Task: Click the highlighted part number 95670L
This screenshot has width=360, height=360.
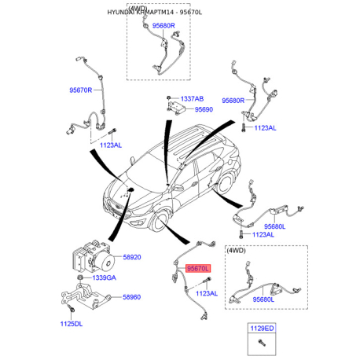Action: point(198,269)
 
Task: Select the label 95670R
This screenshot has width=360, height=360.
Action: point(81,90)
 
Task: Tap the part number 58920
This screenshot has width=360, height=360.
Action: point(132,257)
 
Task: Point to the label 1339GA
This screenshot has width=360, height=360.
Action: point(104,277)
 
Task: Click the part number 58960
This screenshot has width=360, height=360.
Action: point(131,297)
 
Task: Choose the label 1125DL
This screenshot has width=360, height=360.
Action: point(72,324)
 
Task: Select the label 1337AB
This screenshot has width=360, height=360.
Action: point(192,99)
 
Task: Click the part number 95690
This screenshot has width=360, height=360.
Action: point(204,109)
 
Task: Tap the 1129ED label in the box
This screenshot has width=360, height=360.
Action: point(262,329)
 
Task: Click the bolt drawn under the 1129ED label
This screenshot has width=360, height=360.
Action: point(262,343)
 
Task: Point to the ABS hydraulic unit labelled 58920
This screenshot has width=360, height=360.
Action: point(94,256)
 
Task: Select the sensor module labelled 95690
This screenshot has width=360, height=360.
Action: point(175,107)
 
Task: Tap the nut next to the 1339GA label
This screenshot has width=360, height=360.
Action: point(80,277)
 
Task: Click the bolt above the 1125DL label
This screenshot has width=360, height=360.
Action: point(72,308)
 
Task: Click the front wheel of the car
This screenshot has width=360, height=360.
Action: point(159,222)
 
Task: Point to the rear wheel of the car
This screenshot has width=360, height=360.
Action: point(226,184)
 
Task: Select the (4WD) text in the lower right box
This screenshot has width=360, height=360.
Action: point(236,251)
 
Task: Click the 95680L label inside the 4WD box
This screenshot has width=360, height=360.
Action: point(263,299)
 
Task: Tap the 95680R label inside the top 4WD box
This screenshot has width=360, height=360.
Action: point(163,26)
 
